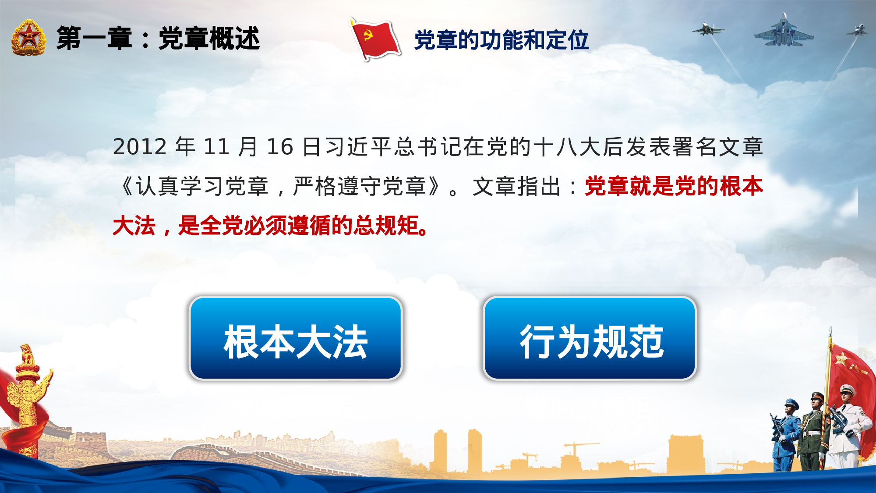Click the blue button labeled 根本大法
click(x=296, y=338)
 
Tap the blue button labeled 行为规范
click(x=590, y=338)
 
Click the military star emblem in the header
click(x=28, y=38)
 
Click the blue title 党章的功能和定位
click(x=501, y=40)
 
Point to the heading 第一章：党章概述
click(x=158, y=39)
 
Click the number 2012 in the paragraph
click(x=140, y=147)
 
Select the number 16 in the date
click(x=279, y=147)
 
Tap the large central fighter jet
click(x=784, y=32)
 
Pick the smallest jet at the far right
click(x=858, y=31)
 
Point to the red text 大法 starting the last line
click(x=134, y=226)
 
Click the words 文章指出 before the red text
click(x=517, y=187)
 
